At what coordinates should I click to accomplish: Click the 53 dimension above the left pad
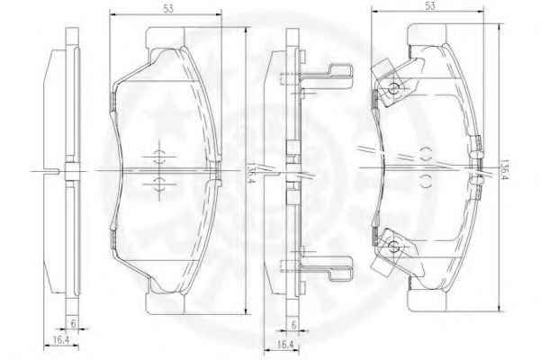tap(168, 9)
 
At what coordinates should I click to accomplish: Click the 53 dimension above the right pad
tap(430, 6)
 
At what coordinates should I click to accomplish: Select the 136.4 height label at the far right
tap(505, 169)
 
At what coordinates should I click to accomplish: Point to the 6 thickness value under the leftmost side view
tap(73, 323)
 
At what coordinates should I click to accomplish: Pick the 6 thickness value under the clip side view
tap(293, 325)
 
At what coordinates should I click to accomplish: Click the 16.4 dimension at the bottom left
tap(61, 340)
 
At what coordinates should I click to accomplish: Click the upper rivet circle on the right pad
tap(393, 89)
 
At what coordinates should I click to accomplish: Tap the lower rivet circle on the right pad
tap(393, 246)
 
